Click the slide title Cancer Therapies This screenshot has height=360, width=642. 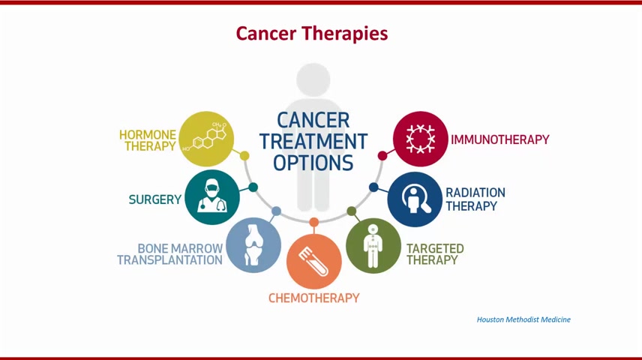point(311,34)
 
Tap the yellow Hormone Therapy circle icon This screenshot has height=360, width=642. point(206,139)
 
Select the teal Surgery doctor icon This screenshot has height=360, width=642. point(212,197)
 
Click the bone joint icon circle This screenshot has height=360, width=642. point(253,245)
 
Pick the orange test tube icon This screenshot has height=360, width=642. point(314,261)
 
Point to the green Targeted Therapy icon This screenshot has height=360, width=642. point(373,246)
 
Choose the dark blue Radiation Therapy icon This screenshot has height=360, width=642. point(415,199)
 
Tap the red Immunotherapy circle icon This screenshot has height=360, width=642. point(421,139)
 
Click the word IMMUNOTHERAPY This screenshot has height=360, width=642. point(500,139)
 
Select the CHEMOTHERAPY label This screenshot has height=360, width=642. point(314,298)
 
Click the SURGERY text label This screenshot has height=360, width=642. point(154,199)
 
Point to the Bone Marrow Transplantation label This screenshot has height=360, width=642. point(170,254)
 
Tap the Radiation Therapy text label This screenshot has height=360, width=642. point(475,199)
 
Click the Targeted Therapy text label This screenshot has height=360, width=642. point(435,254)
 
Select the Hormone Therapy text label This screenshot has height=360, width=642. point(148,140)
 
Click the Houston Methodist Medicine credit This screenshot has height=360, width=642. point(523,319)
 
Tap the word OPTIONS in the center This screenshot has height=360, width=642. point(313,163)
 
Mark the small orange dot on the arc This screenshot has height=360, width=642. point(314,223)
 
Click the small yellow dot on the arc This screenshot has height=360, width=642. point(244,156)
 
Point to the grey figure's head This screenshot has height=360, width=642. point(313,79)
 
